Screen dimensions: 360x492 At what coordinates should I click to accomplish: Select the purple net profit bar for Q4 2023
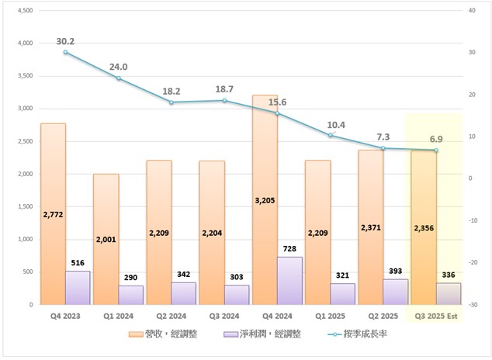coord(78,288)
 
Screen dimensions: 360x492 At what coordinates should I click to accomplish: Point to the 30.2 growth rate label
coord(65,41)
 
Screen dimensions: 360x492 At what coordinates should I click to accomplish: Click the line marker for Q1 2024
coord(119,78)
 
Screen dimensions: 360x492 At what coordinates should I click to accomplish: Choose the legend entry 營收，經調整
coord(169,334)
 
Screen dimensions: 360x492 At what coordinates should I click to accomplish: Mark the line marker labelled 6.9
coord(436,150)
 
